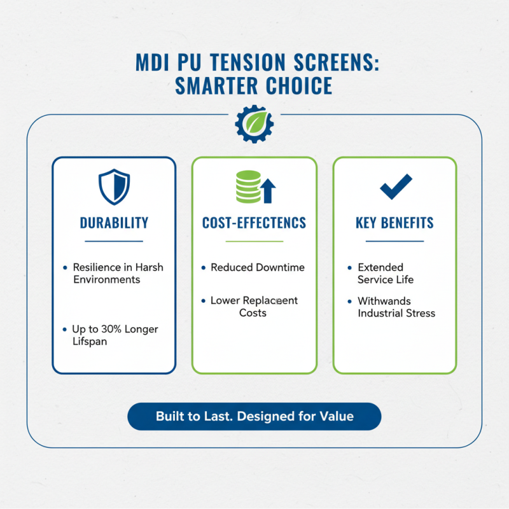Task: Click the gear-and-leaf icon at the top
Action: [254, 123]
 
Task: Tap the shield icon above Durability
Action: [113, 187]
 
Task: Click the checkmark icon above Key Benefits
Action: [395, 186]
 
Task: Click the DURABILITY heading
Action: [114, 223]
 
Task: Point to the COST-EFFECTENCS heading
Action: [254, 223]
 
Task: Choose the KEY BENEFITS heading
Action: [394, 223]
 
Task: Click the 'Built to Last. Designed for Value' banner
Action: [254, 417]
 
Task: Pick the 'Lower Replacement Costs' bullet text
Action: [253, 306]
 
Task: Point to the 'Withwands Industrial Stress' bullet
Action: [396, 306]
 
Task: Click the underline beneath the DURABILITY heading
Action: [114, 241]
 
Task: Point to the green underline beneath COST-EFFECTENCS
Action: [254, 241]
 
